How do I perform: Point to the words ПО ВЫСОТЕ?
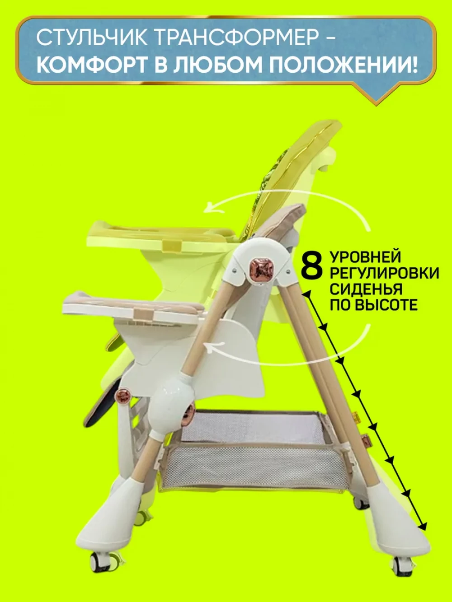click(x=373, y=304)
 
